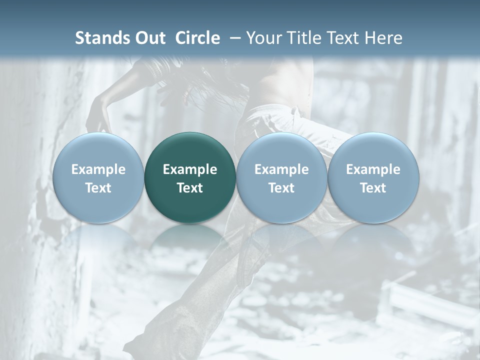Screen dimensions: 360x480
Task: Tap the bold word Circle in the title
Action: click(x=197, y=38)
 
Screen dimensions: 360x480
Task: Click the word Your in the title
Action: click(x=263, y=38)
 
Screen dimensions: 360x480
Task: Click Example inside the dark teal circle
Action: click(x=190, y=169)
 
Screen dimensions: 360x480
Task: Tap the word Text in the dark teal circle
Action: click(x=190, y=188)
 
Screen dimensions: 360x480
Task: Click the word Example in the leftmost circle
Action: click(x=98, y=169)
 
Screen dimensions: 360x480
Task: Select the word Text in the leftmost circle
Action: click(x=98, y=188)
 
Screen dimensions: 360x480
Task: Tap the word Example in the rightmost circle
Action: click(x=373, y=169)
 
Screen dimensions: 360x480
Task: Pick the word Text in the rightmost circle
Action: click(x=373, y=188)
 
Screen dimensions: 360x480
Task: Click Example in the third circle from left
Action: click(x=281, y=169)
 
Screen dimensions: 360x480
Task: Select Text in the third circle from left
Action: click(x=281, y=188)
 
